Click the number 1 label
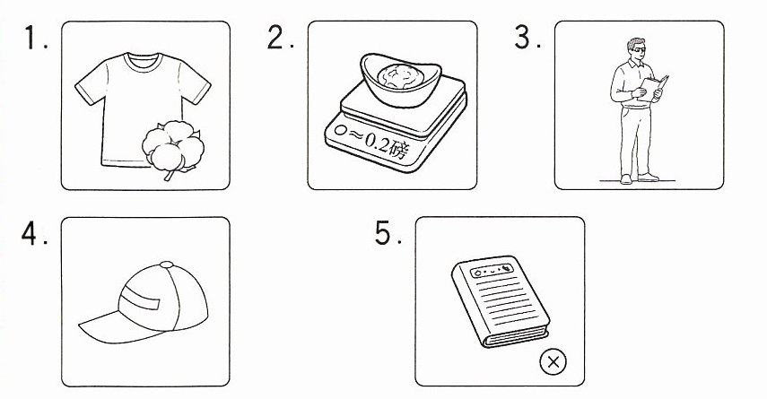point(35,39)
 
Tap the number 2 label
point(280,37)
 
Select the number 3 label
point(527,37)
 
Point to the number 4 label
point(34,233)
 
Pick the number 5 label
point(388,233)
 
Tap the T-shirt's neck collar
point(143,62)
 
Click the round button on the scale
point(341,131)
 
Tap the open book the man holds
point(652,89)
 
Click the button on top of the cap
point(166,265)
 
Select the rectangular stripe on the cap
point(140,298)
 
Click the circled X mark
point(553,362)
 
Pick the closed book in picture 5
point(501,300)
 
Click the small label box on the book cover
point(492,270)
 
